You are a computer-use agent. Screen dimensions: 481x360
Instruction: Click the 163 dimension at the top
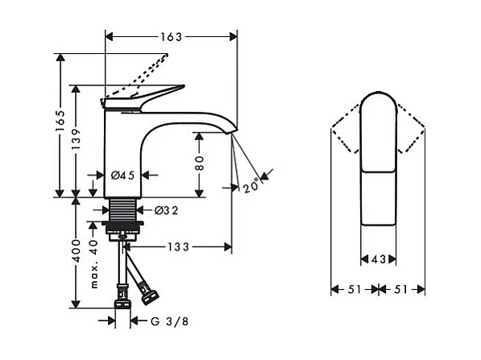[x=171, y=37]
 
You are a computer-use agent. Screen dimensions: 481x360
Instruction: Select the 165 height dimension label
[x=60, y=121]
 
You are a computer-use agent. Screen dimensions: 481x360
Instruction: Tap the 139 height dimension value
[x=76, y=139]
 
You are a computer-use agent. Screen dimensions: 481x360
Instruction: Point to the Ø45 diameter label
[x=122, y=176]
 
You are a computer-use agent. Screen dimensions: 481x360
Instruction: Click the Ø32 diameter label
[x=166, y=210]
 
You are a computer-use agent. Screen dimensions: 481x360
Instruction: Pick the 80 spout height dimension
[x=199, y=163]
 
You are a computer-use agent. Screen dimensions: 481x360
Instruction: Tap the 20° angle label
[x=251, y=185]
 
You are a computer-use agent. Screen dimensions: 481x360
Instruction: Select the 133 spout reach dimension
[x=178, y=247]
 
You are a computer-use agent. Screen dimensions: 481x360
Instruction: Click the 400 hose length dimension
[x=76, y=250]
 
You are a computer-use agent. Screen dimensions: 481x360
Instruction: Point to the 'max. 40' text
[x=93, y=263]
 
